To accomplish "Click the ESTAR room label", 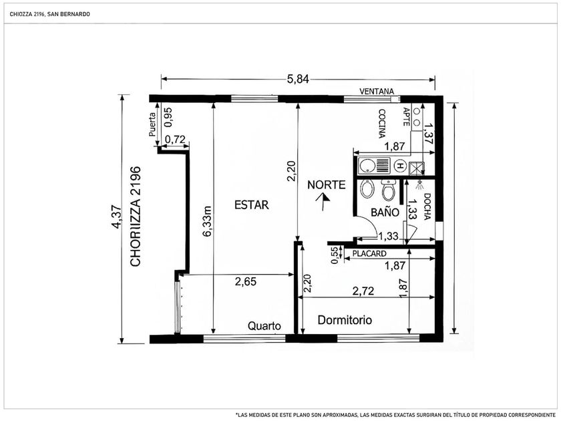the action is (251, 204).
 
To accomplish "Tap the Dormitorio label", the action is (345, 319).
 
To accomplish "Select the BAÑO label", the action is (385, 213).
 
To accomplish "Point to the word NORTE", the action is (327, 184).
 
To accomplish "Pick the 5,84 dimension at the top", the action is (298, 79).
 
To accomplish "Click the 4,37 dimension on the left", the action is (116, 217).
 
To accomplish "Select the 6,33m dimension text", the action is (208, 221).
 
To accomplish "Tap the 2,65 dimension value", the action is (246, 281).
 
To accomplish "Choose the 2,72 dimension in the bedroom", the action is (363, 291).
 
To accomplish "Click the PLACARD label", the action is (369, 253).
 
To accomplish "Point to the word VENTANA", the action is (377, 92).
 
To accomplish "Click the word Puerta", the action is (152, 124).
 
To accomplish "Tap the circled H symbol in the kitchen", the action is (399, 166).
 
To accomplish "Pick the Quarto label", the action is (264, 326).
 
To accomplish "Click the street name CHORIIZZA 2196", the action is (136, 217).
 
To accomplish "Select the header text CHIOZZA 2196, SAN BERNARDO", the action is (49, 14).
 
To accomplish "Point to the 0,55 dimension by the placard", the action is (335, 255).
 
